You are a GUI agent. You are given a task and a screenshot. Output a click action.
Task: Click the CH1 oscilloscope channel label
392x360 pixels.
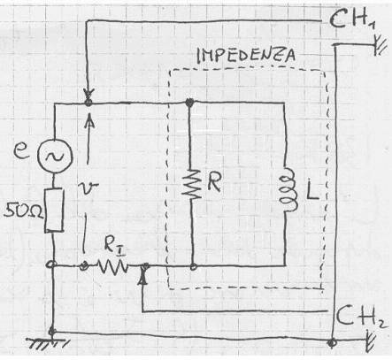click(351, 20)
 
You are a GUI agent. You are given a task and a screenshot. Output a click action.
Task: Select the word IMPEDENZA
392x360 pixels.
click(245, 56)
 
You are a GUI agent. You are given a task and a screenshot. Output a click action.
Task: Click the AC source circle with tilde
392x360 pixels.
click(55, 156)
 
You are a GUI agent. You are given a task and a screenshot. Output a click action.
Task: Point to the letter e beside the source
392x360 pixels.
click(22, 152)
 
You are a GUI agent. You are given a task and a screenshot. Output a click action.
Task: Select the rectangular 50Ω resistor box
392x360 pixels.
click(54, 210)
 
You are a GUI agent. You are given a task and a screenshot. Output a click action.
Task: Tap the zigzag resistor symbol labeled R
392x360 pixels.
click(191, 183)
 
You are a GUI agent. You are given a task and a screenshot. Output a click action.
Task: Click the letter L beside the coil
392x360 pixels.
click(312, 192)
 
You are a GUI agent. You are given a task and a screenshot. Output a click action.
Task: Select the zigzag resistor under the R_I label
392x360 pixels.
click(113, 266)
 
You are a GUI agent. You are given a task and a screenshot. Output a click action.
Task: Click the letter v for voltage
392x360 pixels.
click(90, 188)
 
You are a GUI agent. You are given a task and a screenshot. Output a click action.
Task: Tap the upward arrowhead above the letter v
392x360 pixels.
click(88, 120)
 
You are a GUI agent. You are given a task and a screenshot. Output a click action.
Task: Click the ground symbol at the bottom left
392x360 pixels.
click(49, 343)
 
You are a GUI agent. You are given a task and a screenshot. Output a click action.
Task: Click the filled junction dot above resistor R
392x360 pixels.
click(189, 103)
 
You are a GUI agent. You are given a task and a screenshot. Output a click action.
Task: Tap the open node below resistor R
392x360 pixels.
click(193, 266)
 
